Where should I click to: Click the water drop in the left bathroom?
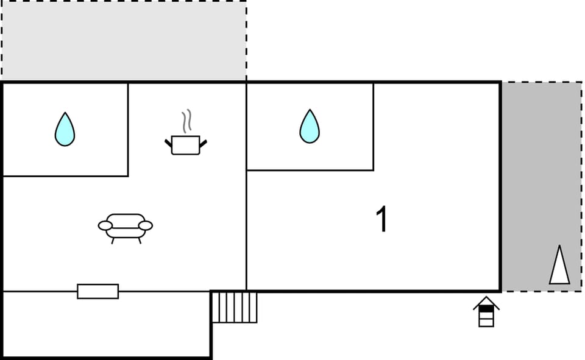pos(65,130)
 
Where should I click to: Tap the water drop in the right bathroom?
pos(310,127)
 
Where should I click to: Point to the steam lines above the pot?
pos(187,121)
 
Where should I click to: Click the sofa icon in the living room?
pos(126,228)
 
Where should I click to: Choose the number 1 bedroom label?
pos(382,219)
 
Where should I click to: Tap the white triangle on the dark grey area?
pos(559,265)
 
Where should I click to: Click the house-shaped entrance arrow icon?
pos(486,311)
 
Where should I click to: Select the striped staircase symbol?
pos(234,307)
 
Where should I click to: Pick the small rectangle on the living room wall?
pos(97,291)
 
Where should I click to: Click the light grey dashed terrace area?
pos(124,40)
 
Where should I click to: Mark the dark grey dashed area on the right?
pos(541,186)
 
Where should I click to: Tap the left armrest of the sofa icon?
pos(105,226)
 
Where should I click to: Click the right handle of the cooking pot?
pos(204,144)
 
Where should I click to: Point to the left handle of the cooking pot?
pos(168,144)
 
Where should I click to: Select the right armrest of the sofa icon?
pos(146,226)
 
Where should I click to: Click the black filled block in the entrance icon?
pos(486,309)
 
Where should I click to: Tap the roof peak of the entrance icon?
pos(486,297)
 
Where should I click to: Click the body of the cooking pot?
pos(186,146)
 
